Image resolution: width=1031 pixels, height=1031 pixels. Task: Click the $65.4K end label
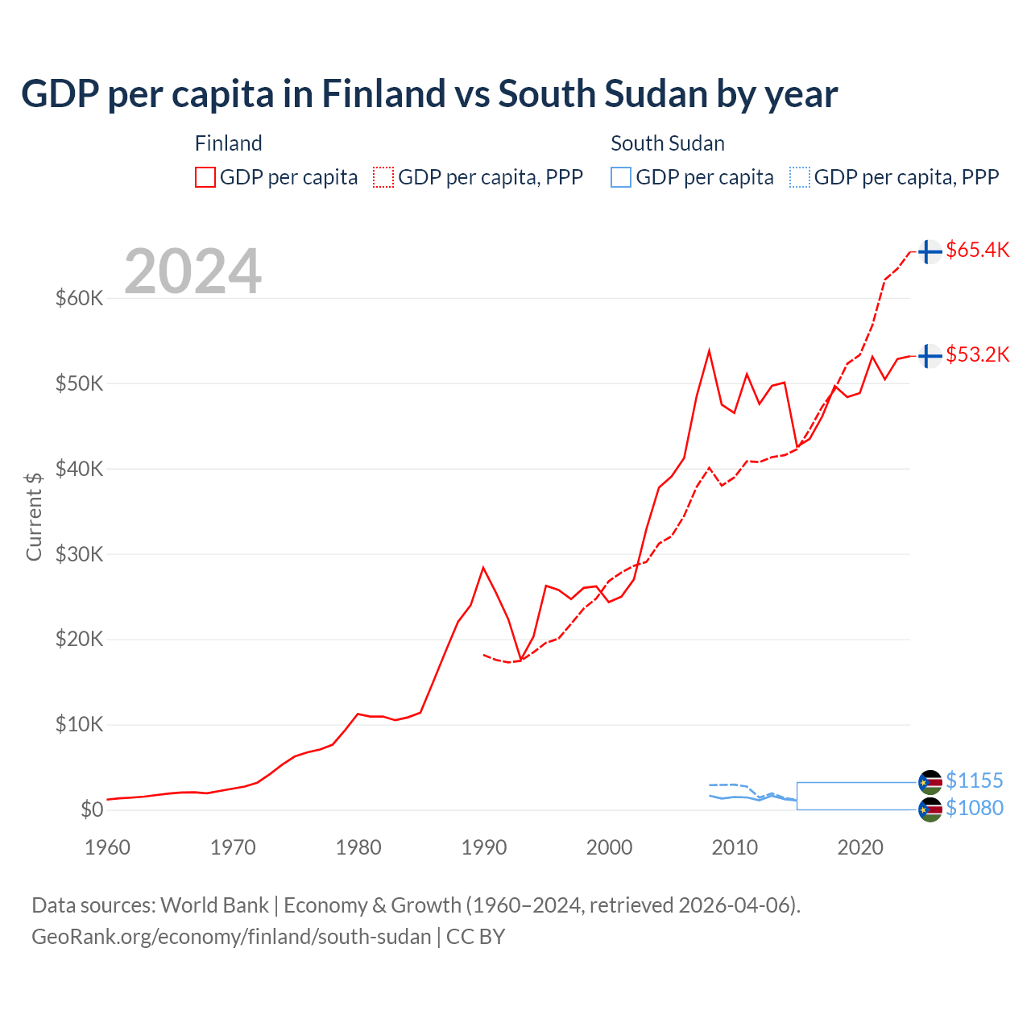tap(977, 250)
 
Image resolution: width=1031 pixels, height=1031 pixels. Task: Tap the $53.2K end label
tap(977, 354)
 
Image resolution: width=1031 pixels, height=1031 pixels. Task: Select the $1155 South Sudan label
tap(974, 780)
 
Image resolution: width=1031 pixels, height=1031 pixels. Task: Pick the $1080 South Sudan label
tap(974, 808)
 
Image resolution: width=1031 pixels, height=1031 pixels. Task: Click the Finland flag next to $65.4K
tap(930, 251)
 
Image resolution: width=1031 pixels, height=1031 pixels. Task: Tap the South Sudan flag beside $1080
tap(930, 809)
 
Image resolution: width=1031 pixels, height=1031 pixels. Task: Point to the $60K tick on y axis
tap(79, 299)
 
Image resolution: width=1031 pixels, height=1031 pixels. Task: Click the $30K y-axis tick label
tap(79, 554)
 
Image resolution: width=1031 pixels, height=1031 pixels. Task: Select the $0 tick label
tap(92, 809)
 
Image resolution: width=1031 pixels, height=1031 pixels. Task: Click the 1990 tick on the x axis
tap(484, 847)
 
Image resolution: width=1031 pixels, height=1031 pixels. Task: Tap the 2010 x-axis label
tap(735, 847)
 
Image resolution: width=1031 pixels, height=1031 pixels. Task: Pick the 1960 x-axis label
tap(108, 847)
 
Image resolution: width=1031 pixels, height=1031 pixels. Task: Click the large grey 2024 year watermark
tap(193, 271)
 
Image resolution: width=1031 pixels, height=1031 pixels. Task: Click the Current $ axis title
tap(33, 516)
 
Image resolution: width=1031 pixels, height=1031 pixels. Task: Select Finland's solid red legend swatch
tap(205, 177)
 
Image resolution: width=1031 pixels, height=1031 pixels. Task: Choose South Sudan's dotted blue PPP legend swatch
tap(800, 177)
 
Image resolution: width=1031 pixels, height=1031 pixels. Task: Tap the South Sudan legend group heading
tap(667, 143)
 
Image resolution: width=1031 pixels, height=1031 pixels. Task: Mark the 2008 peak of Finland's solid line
tap(709, 351)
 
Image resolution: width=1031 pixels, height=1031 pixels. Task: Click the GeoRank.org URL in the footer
tap(231, 937)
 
